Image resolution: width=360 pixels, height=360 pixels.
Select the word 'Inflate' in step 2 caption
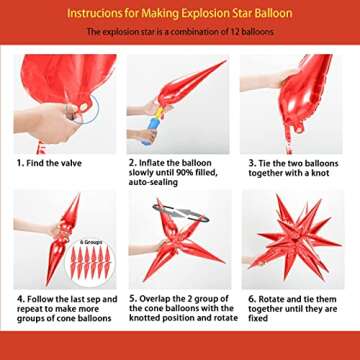pos(152,162)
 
